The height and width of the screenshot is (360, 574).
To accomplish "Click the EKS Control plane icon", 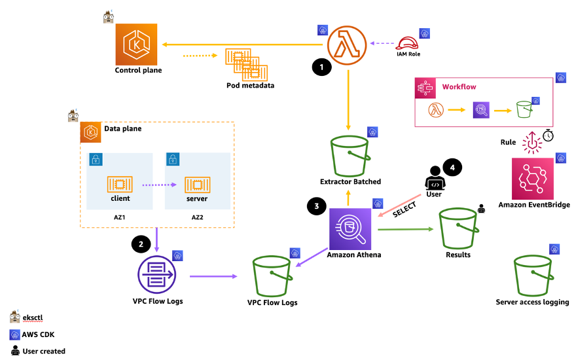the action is [x=136, y=45].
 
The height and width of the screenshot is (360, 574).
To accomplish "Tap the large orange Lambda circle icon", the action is [x=347, y=45].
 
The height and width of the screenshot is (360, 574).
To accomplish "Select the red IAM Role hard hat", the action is [x=406, y=43].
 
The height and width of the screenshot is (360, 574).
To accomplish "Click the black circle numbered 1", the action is [x=322, y=67].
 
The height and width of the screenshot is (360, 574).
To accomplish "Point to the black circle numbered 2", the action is [x=141, y=244].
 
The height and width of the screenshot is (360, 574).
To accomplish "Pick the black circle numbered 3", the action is [x=317, y=206].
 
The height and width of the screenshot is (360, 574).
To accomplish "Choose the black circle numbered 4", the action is [x=452, y=168].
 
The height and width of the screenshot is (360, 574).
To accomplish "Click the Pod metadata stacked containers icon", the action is [x=246, y=65].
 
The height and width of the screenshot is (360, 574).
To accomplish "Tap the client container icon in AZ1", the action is [x=120, y=184].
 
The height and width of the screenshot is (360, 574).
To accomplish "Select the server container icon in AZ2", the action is [x=197, y=185].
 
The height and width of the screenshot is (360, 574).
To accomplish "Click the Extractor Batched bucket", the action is [x=350, y=156].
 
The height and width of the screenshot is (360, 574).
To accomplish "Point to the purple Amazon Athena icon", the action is [x=350, y=229].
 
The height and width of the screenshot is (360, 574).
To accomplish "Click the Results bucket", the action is [x=458, y=228].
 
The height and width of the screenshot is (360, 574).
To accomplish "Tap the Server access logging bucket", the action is [x=533, y=276].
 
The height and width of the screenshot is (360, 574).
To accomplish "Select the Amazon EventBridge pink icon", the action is [x=533, y=179].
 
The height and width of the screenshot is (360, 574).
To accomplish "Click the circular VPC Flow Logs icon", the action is [x=156, y=275].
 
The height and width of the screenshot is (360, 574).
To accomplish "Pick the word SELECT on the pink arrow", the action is [x=404, y=210].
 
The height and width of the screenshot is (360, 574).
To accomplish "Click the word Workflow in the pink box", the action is [x=459, y=87].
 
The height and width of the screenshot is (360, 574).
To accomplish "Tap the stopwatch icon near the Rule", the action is [x=548, y=135].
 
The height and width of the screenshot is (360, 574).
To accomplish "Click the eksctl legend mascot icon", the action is [x=14, y=316].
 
